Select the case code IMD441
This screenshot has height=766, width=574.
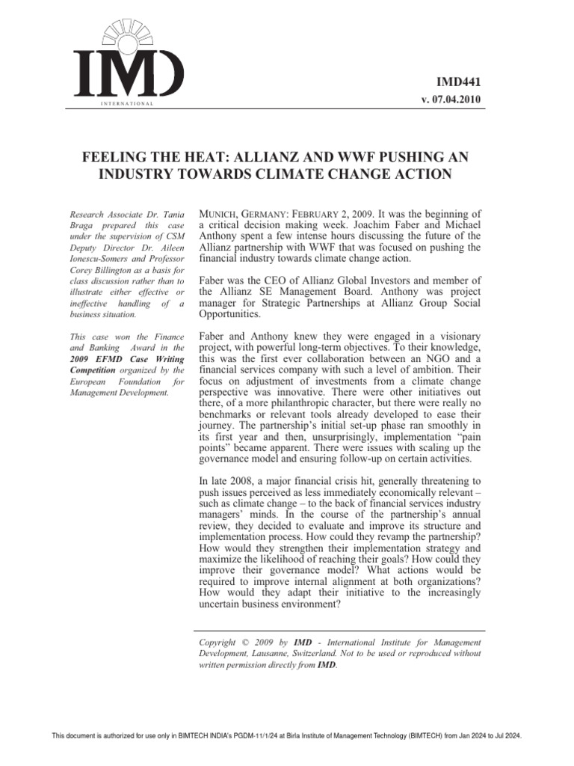459,82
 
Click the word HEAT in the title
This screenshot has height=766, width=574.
201,158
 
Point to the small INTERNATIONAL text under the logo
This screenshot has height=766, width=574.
126,102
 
